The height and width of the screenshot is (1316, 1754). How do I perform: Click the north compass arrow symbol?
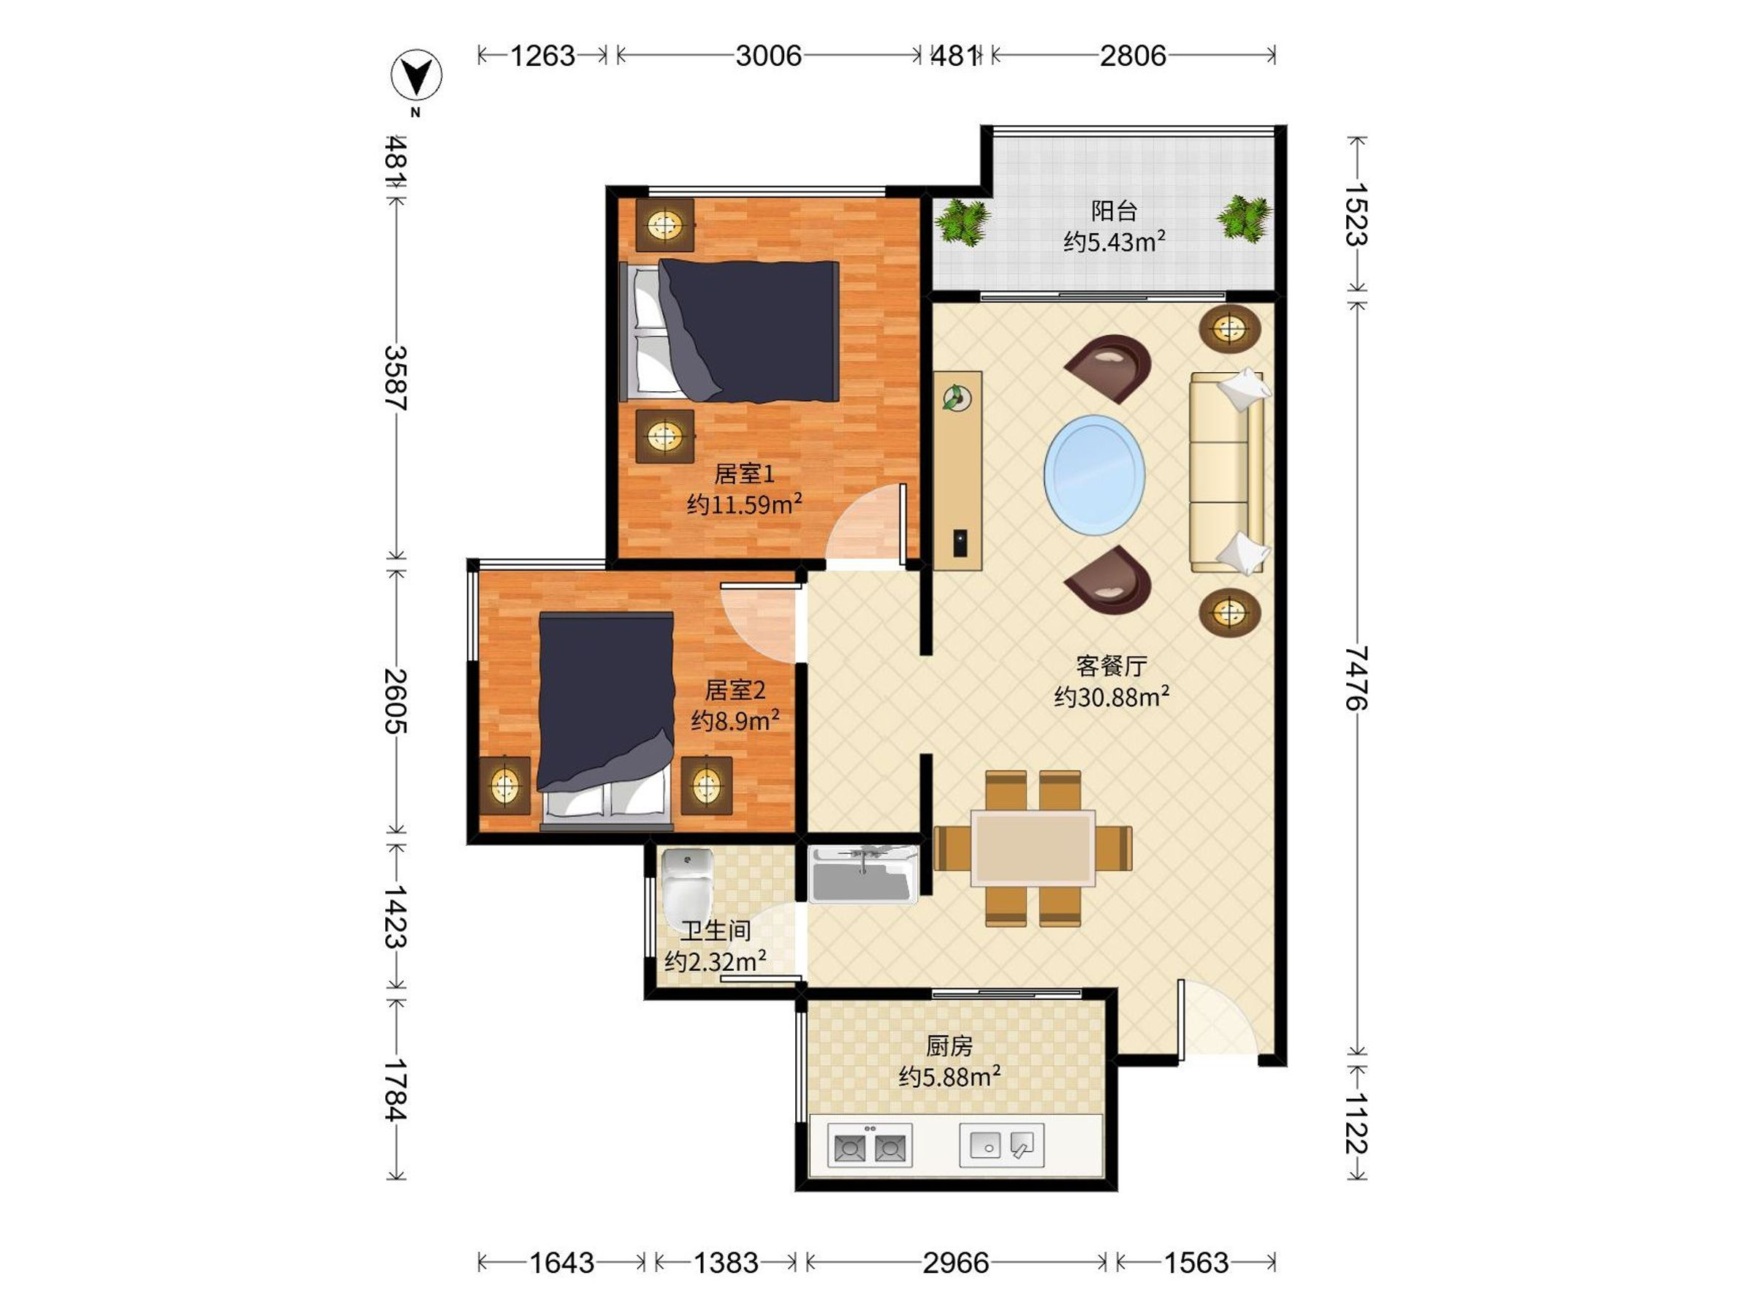[x=417, y=75]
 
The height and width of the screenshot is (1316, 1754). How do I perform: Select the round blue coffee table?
[x=1094, y=474]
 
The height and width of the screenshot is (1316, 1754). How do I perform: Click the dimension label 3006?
[x=768, y=56]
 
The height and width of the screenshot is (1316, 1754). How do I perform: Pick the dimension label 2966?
[x=955, y=1262]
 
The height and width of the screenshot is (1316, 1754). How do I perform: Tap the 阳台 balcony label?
[x=1114, y=211]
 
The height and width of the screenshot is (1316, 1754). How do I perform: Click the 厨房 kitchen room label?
[x=949, y=1046]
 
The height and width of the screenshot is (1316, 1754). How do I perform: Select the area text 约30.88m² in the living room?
[x=1112, y=696]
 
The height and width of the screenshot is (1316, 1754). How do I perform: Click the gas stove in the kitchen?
[x=870, y=1146]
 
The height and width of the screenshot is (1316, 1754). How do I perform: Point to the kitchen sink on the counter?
[x=1001, y=1146]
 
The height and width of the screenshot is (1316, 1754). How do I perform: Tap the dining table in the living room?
[x=1033, y=848]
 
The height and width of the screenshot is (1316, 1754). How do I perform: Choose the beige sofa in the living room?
[x=1229, y=470]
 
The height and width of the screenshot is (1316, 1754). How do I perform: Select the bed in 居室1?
[x=729, y=330]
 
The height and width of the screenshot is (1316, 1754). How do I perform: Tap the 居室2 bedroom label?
[x=735, y=690]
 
